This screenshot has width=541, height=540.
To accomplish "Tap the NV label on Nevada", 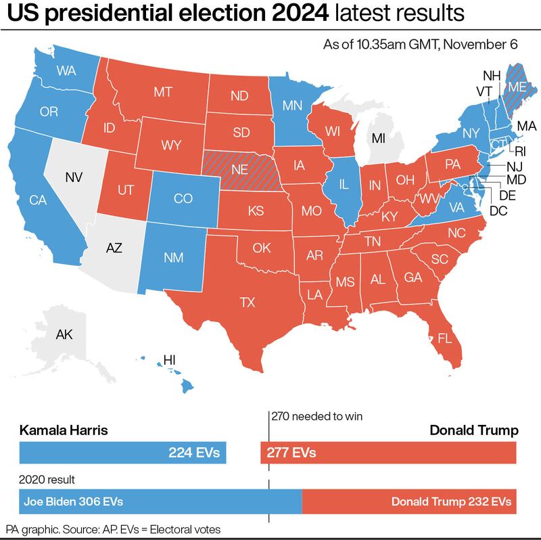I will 74,178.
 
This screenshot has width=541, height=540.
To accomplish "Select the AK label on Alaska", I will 64,334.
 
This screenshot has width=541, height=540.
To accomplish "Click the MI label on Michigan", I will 378,139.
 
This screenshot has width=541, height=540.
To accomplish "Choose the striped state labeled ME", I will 518,87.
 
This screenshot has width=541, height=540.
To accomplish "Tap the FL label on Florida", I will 445,337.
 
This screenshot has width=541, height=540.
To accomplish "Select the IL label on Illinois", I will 345,184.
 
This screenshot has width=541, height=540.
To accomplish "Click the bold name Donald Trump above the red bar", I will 473,430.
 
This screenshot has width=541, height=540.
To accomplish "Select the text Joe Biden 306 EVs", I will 73,501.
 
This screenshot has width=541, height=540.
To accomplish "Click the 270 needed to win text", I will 317,416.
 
